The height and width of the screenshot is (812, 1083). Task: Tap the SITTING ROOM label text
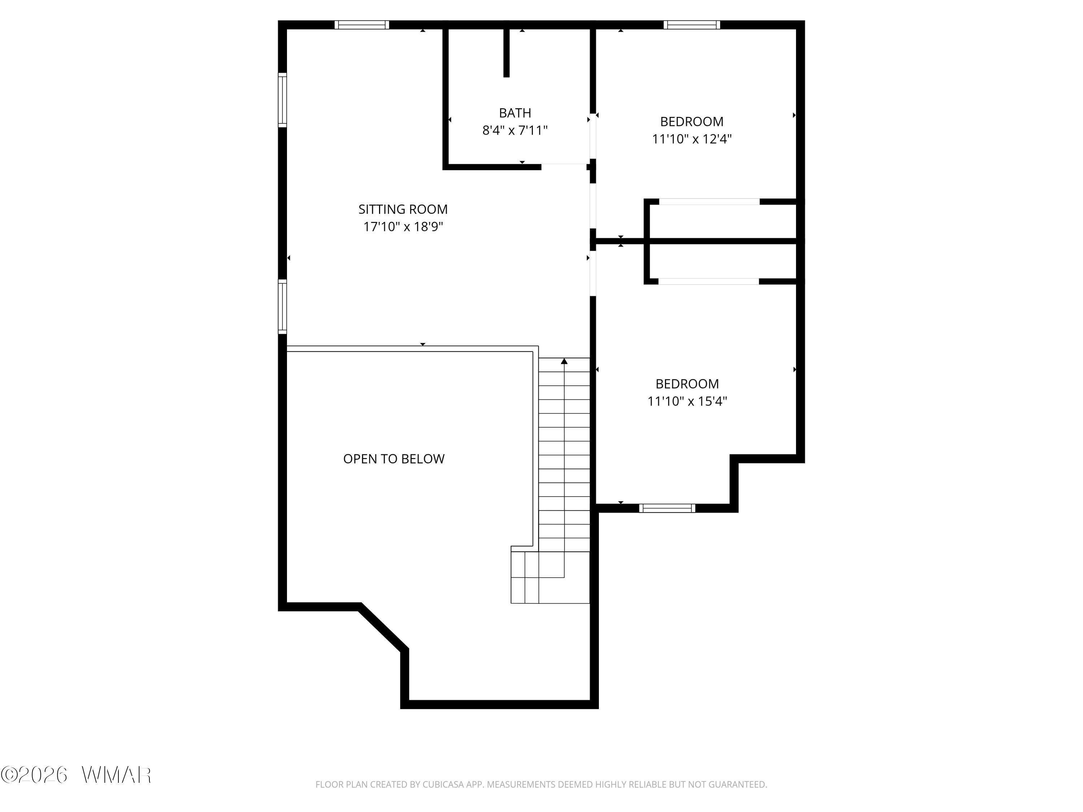coord(403,209)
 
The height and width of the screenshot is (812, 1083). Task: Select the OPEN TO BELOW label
coord(393,459)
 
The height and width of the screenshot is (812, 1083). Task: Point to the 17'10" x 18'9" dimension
coord(403,227)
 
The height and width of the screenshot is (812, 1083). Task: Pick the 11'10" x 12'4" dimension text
coord(691,139)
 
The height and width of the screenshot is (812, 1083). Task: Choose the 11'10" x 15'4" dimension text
coord(687,401)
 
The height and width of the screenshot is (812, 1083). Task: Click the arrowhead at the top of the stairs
coord(564,361)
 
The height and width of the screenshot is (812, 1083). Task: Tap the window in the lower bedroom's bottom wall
coord(667,508)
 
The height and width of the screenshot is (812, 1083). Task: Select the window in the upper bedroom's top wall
coord(692,25)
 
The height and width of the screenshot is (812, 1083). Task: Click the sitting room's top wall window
coord(362,25)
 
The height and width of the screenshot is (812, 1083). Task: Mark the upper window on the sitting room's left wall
coord(283,100)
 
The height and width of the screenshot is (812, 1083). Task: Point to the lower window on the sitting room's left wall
coord(283,306)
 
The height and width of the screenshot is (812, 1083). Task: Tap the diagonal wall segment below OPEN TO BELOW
coord(383,629)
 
